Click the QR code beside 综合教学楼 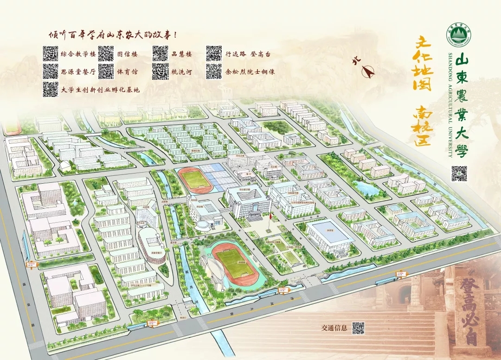[x=50, y=54]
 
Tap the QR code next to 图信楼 [x=106, y=54]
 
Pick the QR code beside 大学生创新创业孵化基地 [x=50, y=89]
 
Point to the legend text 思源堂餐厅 [x=78, y=72]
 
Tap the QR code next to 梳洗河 [x=160, y=71]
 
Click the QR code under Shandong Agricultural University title [x=459, y=173]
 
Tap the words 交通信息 [x=334, y=328]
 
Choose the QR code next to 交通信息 [x=358, y=328]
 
